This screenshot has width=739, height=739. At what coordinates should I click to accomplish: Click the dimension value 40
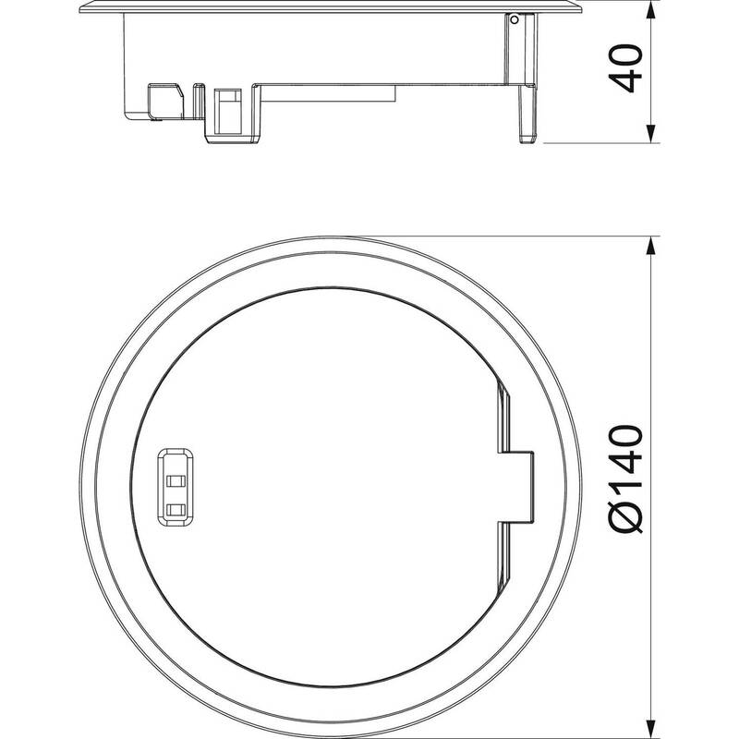[x=626, y=68]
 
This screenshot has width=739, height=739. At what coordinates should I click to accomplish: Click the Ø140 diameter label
[x=626, y=479]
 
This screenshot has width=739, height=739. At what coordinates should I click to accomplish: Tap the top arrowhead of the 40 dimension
[x=650, y=9]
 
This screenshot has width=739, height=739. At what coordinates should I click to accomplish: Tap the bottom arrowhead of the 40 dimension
[x=650, y=134]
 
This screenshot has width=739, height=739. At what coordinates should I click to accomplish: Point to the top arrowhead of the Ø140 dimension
[x=650, y=246]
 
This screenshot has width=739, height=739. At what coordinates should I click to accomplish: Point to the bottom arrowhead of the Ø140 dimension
[x=650, y=729]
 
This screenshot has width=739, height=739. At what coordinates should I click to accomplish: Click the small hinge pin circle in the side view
[x=515, y=19]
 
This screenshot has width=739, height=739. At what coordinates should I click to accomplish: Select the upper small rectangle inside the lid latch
[x=176, y=480]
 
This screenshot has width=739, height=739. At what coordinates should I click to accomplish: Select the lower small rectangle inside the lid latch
[x=176, y=509]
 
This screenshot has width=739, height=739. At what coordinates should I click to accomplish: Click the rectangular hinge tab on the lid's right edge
[x=516, y=487]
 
